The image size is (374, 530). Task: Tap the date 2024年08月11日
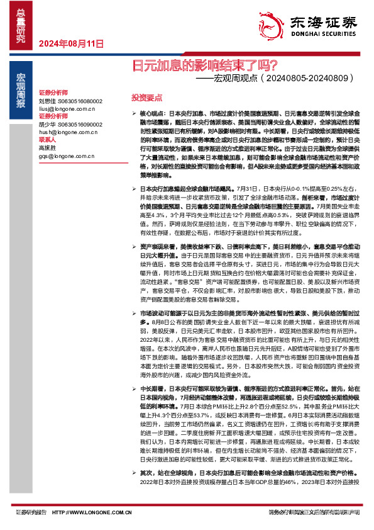coord(70,44)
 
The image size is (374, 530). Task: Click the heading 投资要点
coord(146,98)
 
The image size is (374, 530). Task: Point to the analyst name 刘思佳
coord(47,101)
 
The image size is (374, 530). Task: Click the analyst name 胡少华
coord(47,125)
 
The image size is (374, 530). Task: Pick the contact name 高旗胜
coord(47,147)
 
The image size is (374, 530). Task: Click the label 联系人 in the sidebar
coord(48,140)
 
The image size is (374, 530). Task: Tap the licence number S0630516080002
coord(80,101)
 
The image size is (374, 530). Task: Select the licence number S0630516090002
coord(80,125)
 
